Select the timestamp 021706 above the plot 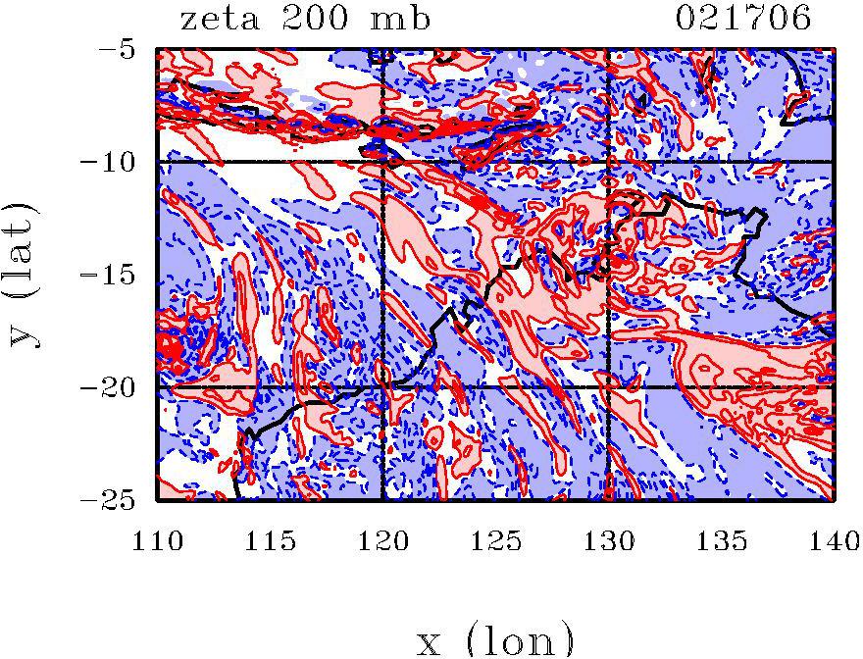pyautogui.click(x=744, y=19)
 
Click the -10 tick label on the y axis pyautogui.click(x=116, y=161)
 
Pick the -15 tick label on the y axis pyautogui.click(x=116, y=275)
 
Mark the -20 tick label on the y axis pyautogui.click(x=116, y=387)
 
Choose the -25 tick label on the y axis pyautogui.click(x=116, y=501)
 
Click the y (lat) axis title pyautogui.click(x=26, y=275)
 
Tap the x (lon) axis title pyautogui.click(x=494, y=639)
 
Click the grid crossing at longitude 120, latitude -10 pyautogui.click(x=382, y=161)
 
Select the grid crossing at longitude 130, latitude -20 pyautogui.click(x=608, y=387)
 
